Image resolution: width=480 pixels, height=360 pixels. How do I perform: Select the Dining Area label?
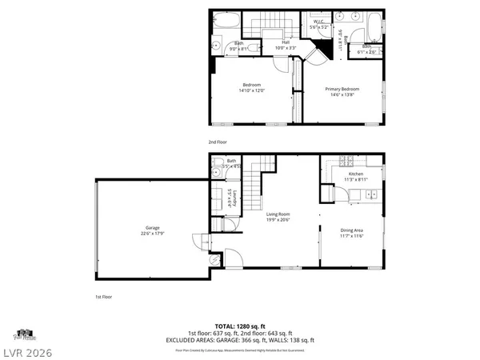click(351, 230)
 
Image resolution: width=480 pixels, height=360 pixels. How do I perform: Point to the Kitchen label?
click(355, 174)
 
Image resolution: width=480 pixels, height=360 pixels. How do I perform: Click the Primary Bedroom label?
click(342, 89)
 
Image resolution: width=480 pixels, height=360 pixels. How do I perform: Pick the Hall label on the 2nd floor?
click(286, 42)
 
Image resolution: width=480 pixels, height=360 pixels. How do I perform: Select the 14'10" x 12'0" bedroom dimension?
click(251, 90)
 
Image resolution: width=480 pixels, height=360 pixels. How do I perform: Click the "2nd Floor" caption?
click(218, 142)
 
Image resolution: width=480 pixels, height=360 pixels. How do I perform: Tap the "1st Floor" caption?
click(104, 296)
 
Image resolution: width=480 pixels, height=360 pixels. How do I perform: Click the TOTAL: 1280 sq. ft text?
click(240, 327)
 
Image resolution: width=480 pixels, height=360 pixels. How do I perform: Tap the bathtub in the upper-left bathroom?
click(222, 22)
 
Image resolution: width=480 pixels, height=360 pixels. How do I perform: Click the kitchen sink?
click(371, 194)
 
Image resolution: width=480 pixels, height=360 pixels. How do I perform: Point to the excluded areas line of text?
click(240, 339)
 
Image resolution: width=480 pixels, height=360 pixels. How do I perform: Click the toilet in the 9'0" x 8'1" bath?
click(252, 48)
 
